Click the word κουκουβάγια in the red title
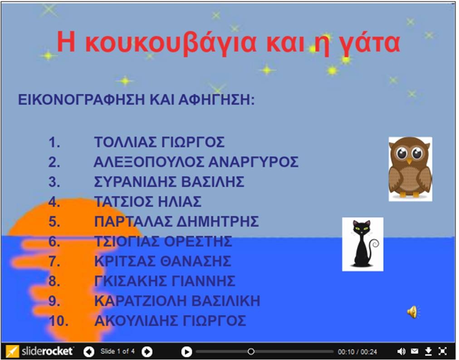tap(171, 43)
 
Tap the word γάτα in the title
tap(370, 43)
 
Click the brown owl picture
tap(410, 169)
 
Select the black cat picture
tap(363, 244)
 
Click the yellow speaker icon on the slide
tap(413, 312)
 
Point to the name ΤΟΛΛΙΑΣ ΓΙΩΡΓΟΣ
tap(159, 142)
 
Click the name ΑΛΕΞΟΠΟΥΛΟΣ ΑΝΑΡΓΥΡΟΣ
tap(196, 162)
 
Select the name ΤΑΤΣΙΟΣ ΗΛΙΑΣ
tap(148, 202)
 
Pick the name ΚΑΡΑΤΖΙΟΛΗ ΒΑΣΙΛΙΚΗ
tap(177, 301)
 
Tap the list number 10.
tap(59, 321)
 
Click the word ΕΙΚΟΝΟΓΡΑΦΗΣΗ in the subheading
tap(82, 100)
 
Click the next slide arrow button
tap(147, 351)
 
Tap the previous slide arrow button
tap(89, 351)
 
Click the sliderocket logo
tap(39, 351)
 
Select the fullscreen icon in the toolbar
tap(442, 351)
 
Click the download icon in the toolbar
tap(428, 351)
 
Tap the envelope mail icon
tap(415, 351)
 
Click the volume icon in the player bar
tap(401, 351)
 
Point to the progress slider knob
tap(251, 351)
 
